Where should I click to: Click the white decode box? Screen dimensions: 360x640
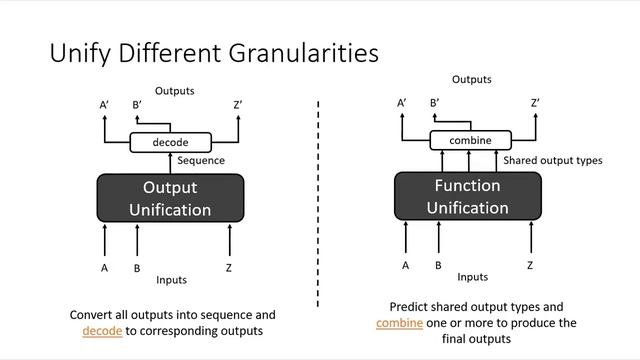(x=170, y=142)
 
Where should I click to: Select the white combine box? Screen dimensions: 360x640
(x=470, y=140)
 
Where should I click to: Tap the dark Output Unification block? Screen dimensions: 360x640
(x=170, y=198)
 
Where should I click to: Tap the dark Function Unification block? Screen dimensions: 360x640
(x=467, y=196)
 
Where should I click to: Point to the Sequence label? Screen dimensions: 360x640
(x=201, y=160)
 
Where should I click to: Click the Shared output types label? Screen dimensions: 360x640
(x=552, y=160)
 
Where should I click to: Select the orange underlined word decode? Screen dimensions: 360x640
(x=102, y=331)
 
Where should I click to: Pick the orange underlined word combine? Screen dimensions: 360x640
(x=399, y=323)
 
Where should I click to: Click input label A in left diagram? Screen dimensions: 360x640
(x=104, y=268)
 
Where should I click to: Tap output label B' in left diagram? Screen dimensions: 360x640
(x=137, y=105)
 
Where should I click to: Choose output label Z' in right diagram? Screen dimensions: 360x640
(x=535, y=102)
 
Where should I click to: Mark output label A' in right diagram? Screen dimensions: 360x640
(x=402, y=102)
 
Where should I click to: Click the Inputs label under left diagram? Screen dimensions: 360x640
(x=170, y=280)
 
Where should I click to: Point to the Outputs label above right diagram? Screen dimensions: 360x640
(x=471, y=79)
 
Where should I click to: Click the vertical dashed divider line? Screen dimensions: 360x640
(x=319, y=200)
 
